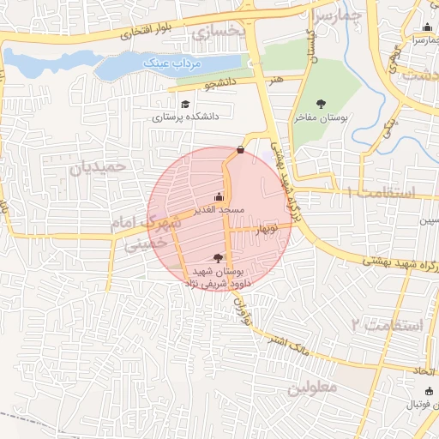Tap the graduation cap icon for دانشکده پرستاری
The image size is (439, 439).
(x=185, y=105)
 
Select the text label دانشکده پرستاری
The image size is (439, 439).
(x=186, y=117)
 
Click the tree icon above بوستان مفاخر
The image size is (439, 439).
(x=321, y=104)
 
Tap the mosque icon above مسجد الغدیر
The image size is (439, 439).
(x=219, y=196)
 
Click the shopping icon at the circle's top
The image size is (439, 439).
(x=239, y=151)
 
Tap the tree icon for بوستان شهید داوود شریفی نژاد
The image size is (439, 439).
(x=217, y=257)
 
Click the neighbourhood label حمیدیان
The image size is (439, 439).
(x=98, y=165)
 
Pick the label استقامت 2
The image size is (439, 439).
(x=387, y=325)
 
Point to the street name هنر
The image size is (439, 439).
(x=276, y=80)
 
